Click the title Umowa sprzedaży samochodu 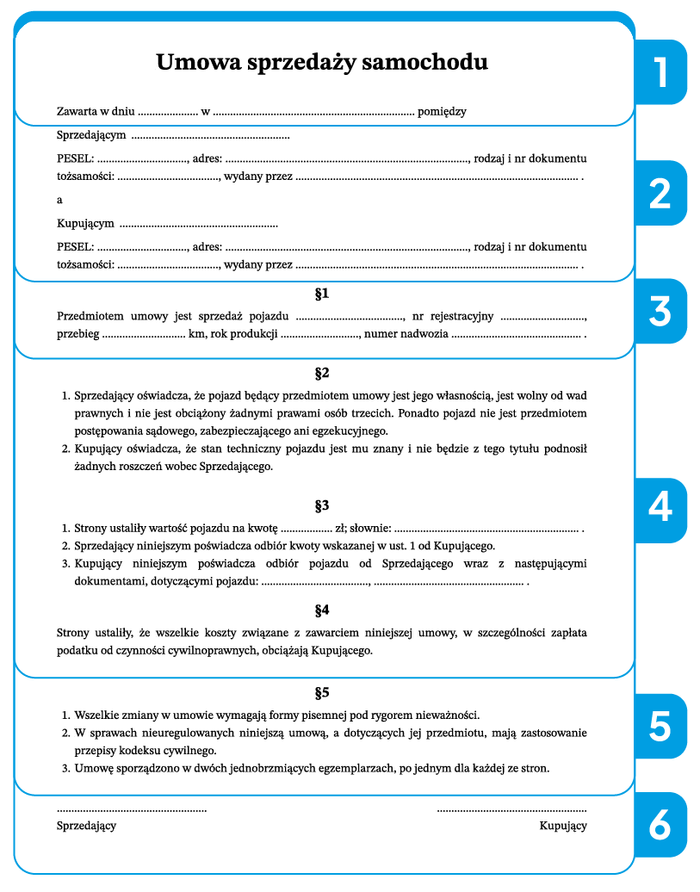(x=322, y=63)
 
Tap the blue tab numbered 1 (x=660, y=72)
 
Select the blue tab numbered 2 (x=660, y=194)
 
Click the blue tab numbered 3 (x=660, y=311)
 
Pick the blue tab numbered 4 (x=660, y=508)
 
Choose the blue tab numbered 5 (x=660, y=726)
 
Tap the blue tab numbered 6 (x=660, y=825)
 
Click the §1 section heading (x=322, y=294)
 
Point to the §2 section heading (x=322, y=374)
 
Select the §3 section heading (x=322, y=505)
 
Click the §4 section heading (x=322, y=610)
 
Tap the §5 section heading (x=322, y=693)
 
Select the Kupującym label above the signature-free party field (x=85, y=224)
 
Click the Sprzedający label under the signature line (x=86, y=826)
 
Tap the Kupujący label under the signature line (x=563, y=826)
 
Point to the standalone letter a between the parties (x=59, y=200)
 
